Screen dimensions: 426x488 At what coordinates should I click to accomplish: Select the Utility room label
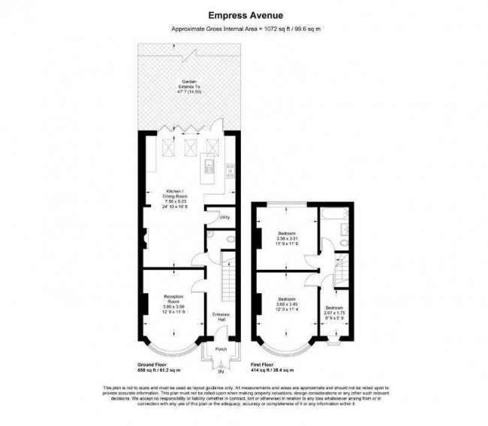coord(224,218)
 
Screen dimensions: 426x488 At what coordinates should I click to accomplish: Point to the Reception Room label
coord(173,302)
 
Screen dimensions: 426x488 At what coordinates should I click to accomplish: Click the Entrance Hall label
coord(221,316)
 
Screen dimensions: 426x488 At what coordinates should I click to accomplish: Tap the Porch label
coord(221,349)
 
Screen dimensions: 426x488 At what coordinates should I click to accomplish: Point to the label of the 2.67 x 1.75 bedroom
coord(334,312)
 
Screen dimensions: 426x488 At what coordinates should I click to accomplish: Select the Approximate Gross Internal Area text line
coord(243,29)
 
